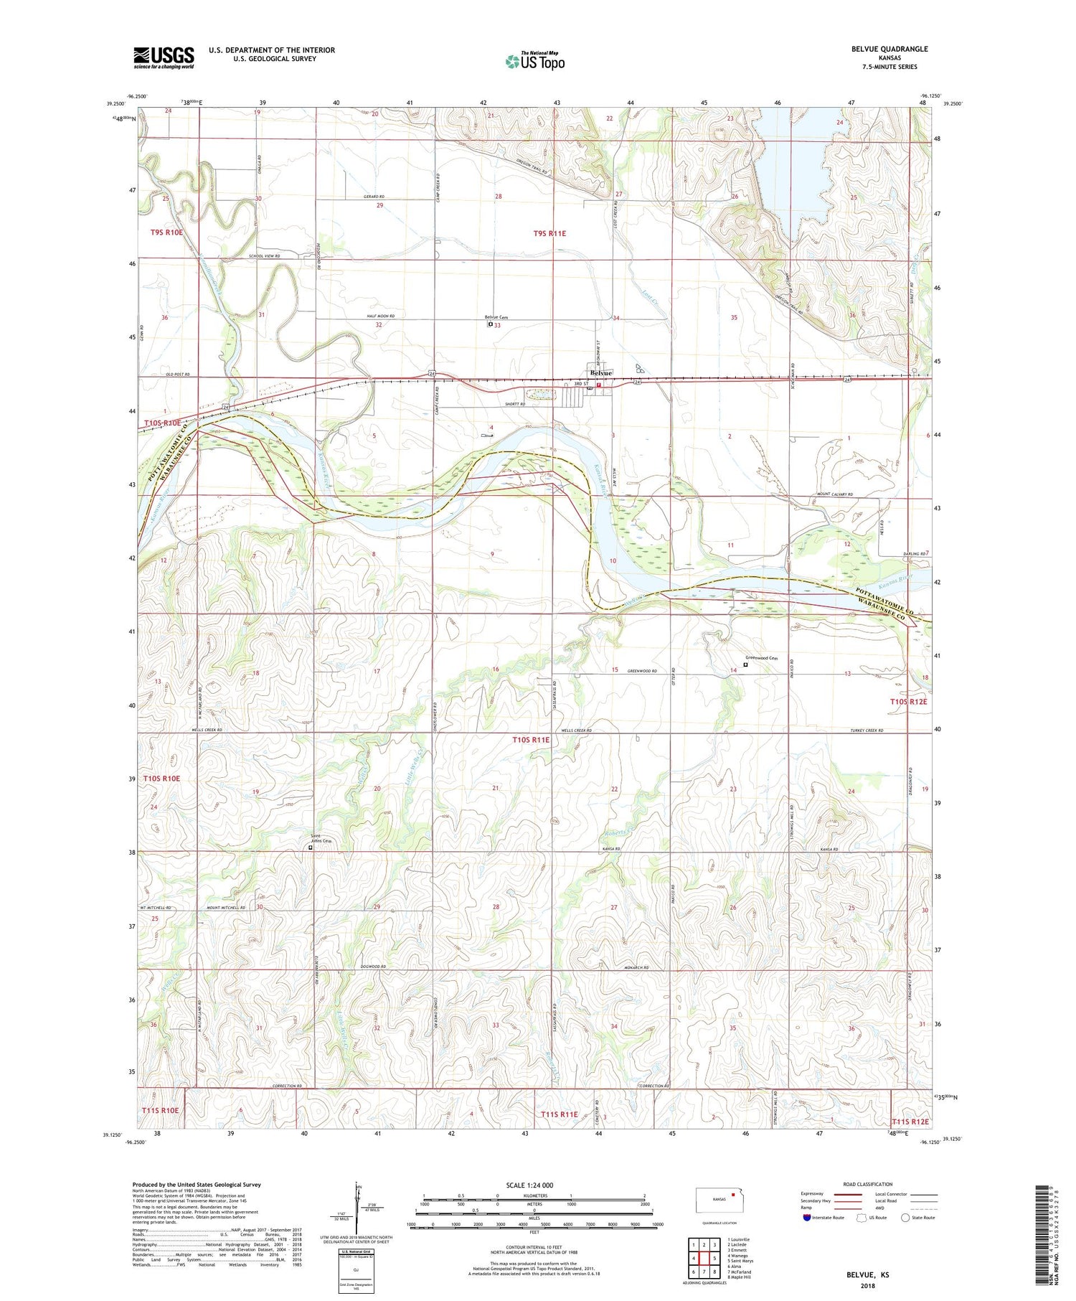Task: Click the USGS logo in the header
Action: point(164,57)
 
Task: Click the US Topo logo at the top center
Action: point(535,61)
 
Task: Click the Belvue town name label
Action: point(600,373)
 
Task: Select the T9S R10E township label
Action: point(166,233)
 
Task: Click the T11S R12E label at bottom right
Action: point(910,1122)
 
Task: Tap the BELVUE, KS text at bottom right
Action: point(867,1274)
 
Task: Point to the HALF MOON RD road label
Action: point(381,316)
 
